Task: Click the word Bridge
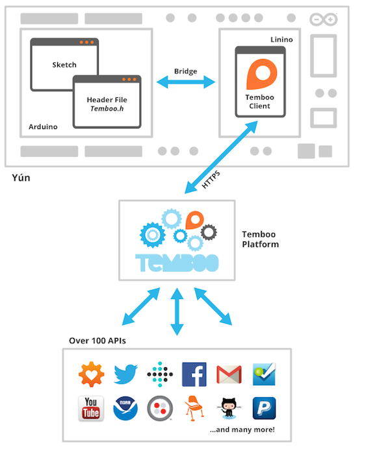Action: point(186,71)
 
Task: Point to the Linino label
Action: point(281,40)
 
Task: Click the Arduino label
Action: point(43,127)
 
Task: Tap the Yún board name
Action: point(21,177)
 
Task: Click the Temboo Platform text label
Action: point(260,239)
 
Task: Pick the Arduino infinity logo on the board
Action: point(323,20)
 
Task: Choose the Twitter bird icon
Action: point(125,374)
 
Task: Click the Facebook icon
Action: point(194,374)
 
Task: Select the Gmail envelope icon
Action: point(229,374)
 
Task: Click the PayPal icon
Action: point(263,409)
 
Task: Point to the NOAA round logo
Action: point(125,409)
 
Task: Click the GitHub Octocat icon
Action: point(229,407)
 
